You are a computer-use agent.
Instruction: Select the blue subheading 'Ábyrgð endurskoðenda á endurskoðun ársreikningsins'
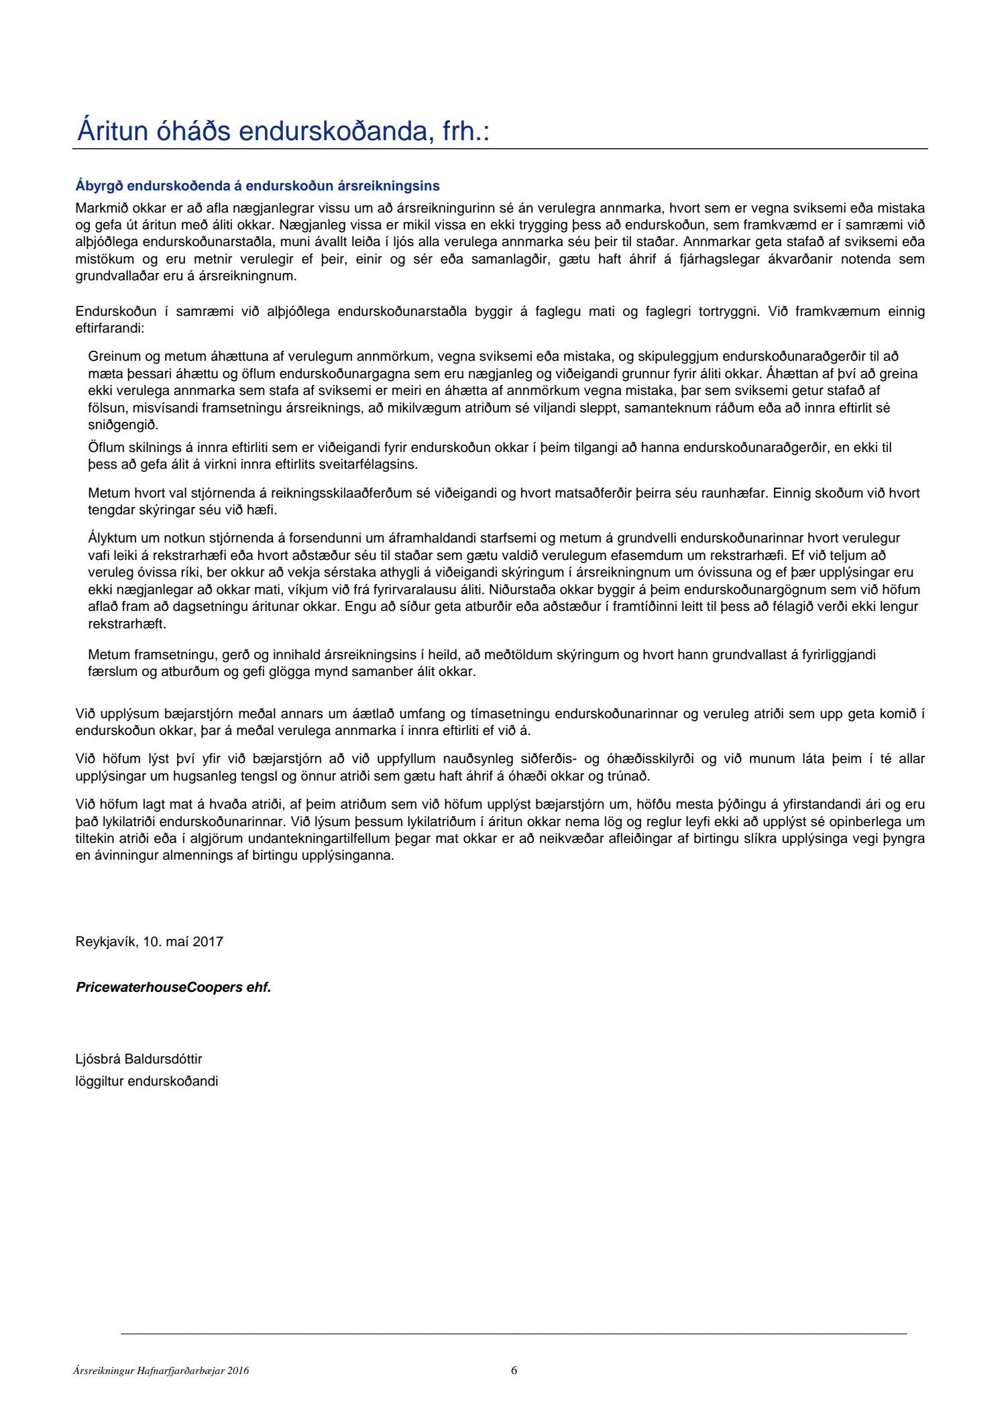[258, 186]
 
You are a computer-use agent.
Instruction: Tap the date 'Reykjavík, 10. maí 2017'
[150, 942]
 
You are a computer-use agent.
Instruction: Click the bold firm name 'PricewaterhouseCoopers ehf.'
[174, 987]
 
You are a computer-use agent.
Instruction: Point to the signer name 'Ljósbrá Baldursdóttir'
[139, 1059]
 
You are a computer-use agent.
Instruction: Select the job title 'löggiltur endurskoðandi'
[147, 1081]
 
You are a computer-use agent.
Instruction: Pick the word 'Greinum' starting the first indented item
[111, 356]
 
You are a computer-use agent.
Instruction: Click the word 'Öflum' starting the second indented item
[105, 447]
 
